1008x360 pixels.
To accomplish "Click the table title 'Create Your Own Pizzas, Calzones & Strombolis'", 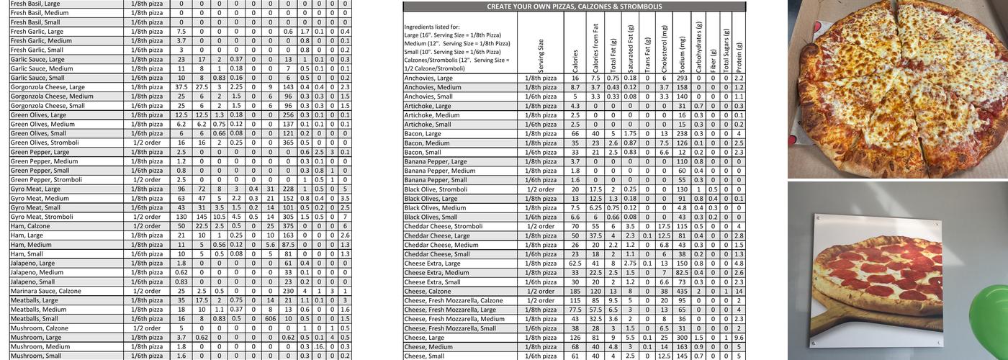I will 574,6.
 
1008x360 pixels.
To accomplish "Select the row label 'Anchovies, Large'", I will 428,78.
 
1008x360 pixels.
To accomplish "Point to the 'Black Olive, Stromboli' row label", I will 436,189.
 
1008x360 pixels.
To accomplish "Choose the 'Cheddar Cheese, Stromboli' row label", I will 443,226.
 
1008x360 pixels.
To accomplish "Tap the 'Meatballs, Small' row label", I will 36,318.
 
